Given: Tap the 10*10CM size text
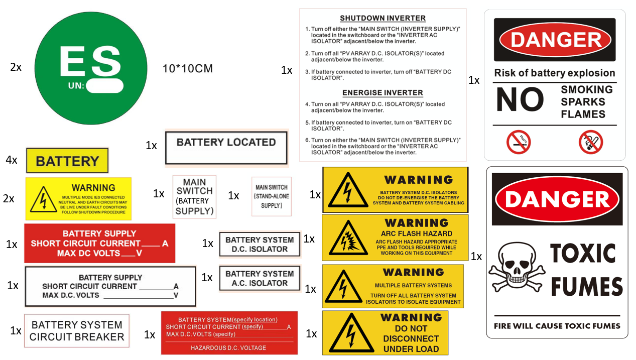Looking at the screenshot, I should [188, 68].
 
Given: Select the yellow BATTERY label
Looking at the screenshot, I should [67, 161].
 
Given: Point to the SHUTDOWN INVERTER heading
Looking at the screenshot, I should [383, 18].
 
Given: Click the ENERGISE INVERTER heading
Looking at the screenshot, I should [383, 93].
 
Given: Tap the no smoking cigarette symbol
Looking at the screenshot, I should [518, 142].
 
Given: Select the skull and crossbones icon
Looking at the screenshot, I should [517, 271].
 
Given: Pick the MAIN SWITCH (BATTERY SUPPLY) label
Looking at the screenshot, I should [194, 196].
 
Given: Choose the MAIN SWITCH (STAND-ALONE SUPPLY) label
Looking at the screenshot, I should [272, 196].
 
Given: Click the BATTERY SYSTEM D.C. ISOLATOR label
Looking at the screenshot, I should [260, 245].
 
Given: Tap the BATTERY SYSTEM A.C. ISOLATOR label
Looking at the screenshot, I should [260, 278].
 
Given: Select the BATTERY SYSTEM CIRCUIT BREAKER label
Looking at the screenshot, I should [77, 331].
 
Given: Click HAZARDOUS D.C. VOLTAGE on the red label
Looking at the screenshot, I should [228, 347].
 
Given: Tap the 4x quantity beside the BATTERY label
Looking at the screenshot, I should [12, 160].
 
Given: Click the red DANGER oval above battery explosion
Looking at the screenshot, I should [555, 40].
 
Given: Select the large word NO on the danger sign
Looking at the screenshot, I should [520, 100].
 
